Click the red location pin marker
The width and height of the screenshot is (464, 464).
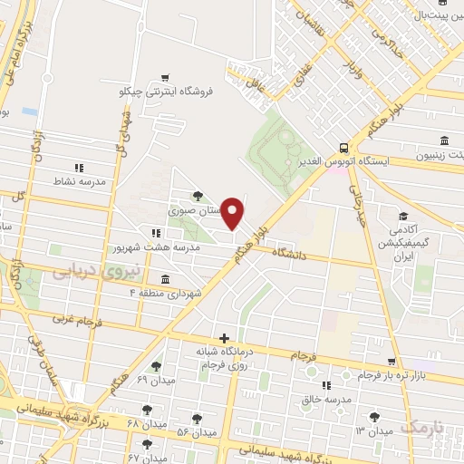[x=233, y=213]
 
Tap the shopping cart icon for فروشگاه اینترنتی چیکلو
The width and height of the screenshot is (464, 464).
[x=164, y=79]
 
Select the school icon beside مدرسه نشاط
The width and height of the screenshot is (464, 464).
[x=79, y=168]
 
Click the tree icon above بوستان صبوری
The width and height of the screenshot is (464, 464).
[x=197, y=195]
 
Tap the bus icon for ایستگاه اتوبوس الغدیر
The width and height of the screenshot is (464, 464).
[x=343, y=146]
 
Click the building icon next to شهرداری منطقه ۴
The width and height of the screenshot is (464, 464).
[x=164, y=278]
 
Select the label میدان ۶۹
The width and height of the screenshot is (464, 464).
[x=154, y=379]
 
